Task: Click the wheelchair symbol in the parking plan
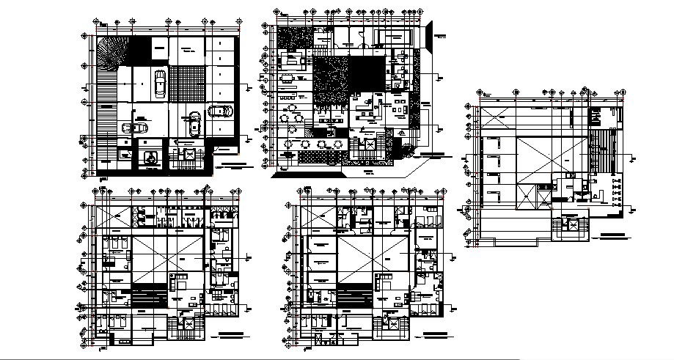[x=150, y=155]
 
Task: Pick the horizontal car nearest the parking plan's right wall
[x=221, y=111]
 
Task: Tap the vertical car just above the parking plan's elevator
[x=194, y=122]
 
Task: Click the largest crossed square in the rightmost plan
[x=552, y=171]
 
